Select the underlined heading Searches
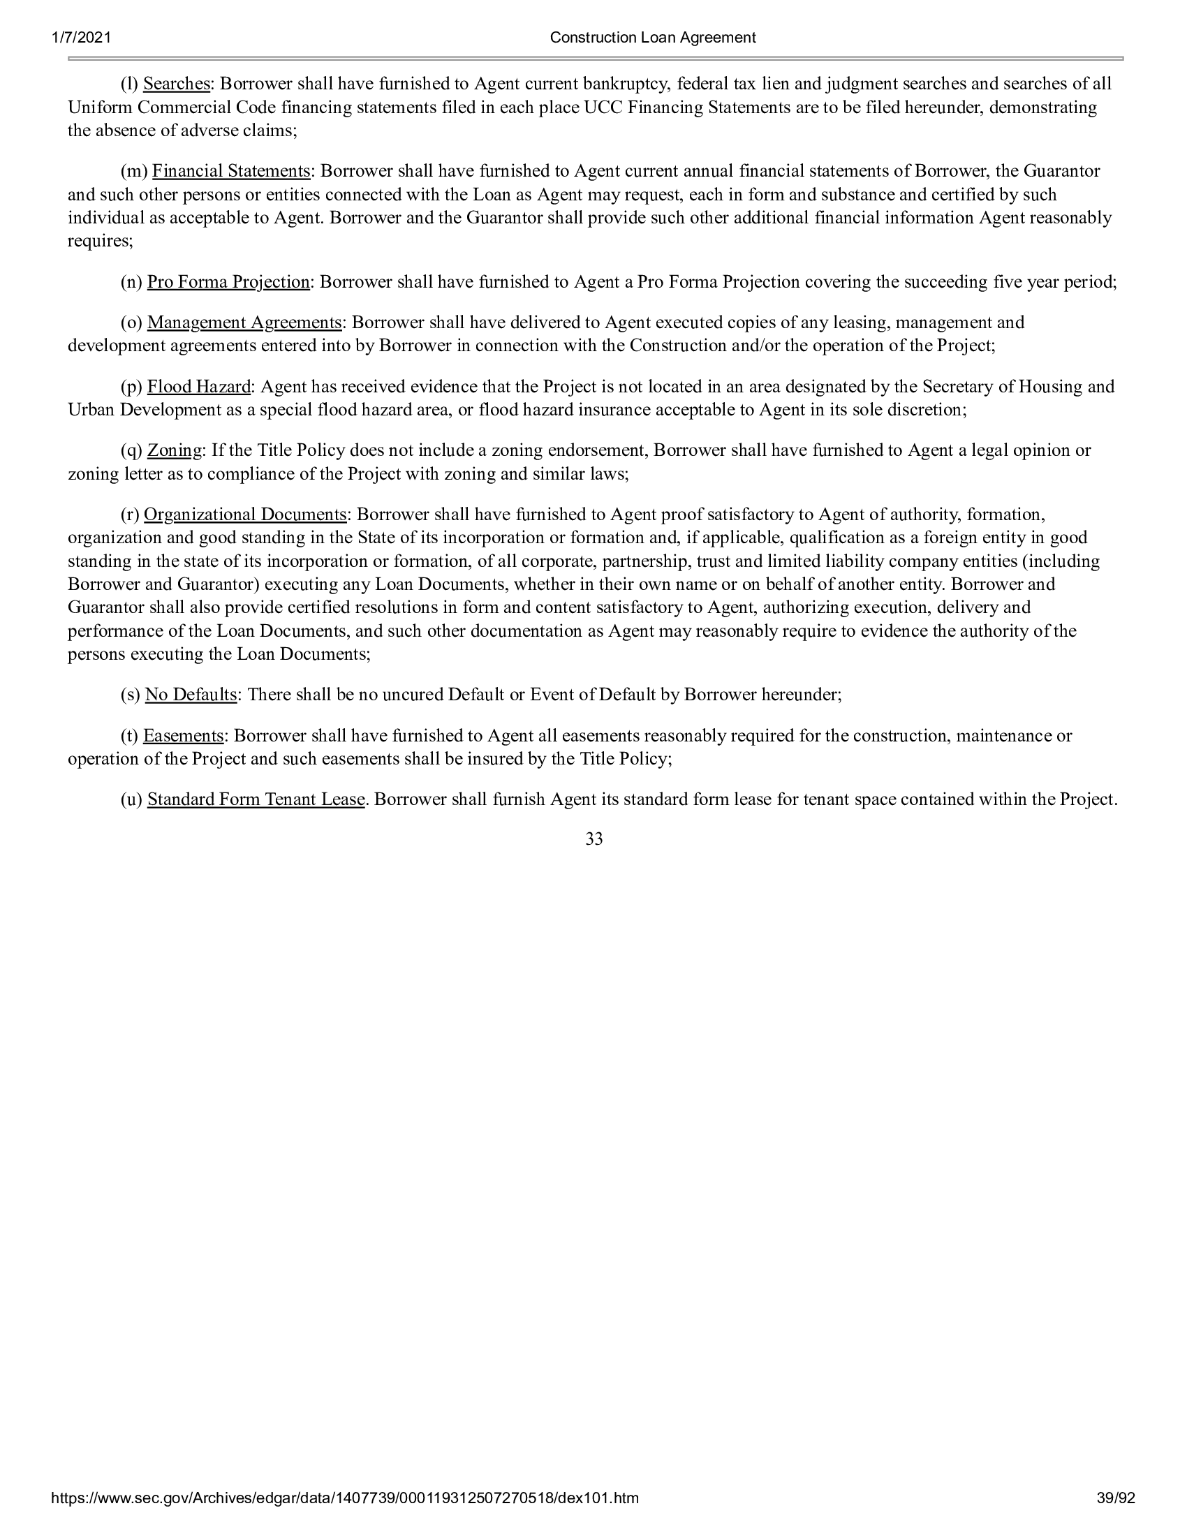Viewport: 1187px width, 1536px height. pos(177,84)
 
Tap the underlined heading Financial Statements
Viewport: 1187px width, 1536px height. pos(230,172)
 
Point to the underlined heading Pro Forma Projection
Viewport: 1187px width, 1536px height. pos(228,283)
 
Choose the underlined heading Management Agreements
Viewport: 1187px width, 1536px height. pos(244,323)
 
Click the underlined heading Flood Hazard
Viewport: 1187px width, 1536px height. pos(198,387)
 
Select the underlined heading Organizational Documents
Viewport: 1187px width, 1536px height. pos(244,515)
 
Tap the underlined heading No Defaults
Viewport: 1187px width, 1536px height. pos(191,695)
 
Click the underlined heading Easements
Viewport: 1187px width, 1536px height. pos(183,737)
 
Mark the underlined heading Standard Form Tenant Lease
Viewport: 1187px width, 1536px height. pos(256,799)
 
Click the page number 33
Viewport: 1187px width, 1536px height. pos(593,839)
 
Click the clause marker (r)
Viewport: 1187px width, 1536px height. pos(130,515)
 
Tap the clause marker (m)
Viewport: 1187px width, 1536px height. pos(133,172)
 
